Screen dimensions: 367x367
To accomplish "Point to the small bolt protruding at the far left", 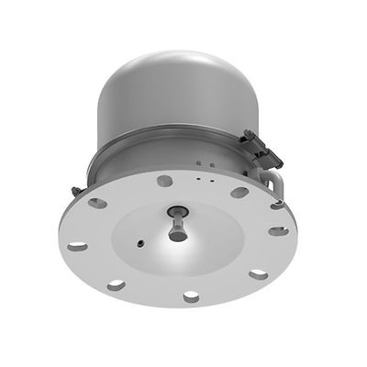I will click(75, 191).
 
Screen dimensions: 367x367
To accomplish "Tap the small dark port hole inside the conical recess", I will click(138, 244).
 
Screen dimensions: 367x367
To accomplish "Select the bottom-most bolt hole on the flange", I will click(191, 296).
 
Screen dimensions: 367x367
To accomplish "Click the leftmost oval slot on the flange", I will click(78, 245).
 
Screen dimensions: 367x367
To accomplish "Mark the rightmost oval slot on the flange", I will click(278, 230).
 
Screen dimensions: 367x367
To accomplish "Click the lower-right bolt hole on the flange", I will click(259, 273).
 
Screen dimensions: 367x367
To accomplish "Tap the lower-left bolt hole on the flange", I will click(116, 285).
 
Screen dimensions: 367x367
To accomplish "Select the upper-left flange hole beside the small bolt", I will click(97, 203).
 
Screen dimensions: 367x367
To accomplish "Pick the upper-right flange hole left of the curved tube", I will click(239, 193).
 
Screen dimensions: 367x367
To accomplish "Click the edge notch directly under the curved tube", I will click(276, 206).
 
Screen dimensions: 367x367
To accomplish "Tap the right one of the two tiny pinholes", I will click(212, 166).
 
